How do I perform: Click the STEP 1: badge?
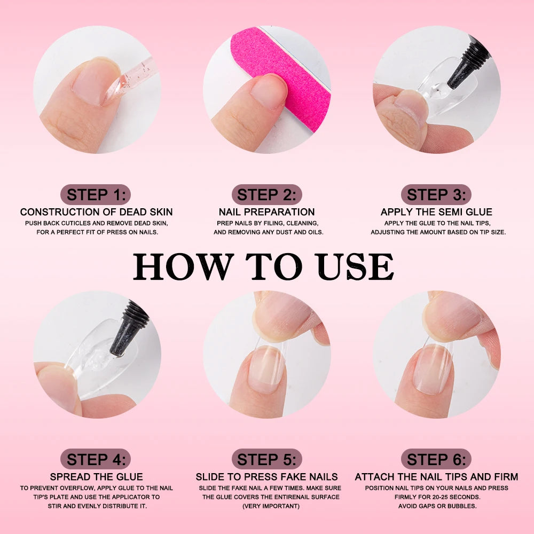tap(96, 194)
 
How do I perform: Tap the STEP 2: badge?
tap(266, 194)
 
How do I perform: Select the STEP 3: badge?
tap(436, 194)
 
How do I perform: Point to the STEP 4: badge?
tap(96, 459)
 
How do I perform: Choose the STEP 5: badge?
tap(266, 459)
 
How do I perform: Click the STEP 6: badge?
tap(436, 459)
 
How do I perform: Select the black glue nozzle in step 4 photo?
tap(127, 328)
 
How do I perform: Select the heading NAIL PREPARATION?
tap(266, 212)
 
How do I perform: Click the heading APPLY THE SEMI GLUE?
tap(436, 212)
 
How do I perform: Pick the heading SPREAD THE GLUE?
tap(96, 477)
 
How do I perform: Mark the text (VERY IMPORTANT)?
tap(266, 506)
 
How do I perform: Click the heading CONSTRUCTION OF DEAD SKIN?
tap(96, 212)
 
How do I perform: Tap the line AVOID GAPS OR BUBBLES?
tap(436, 506)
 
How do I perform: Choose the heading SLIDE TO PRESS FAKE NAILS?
tap(266, 477)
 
